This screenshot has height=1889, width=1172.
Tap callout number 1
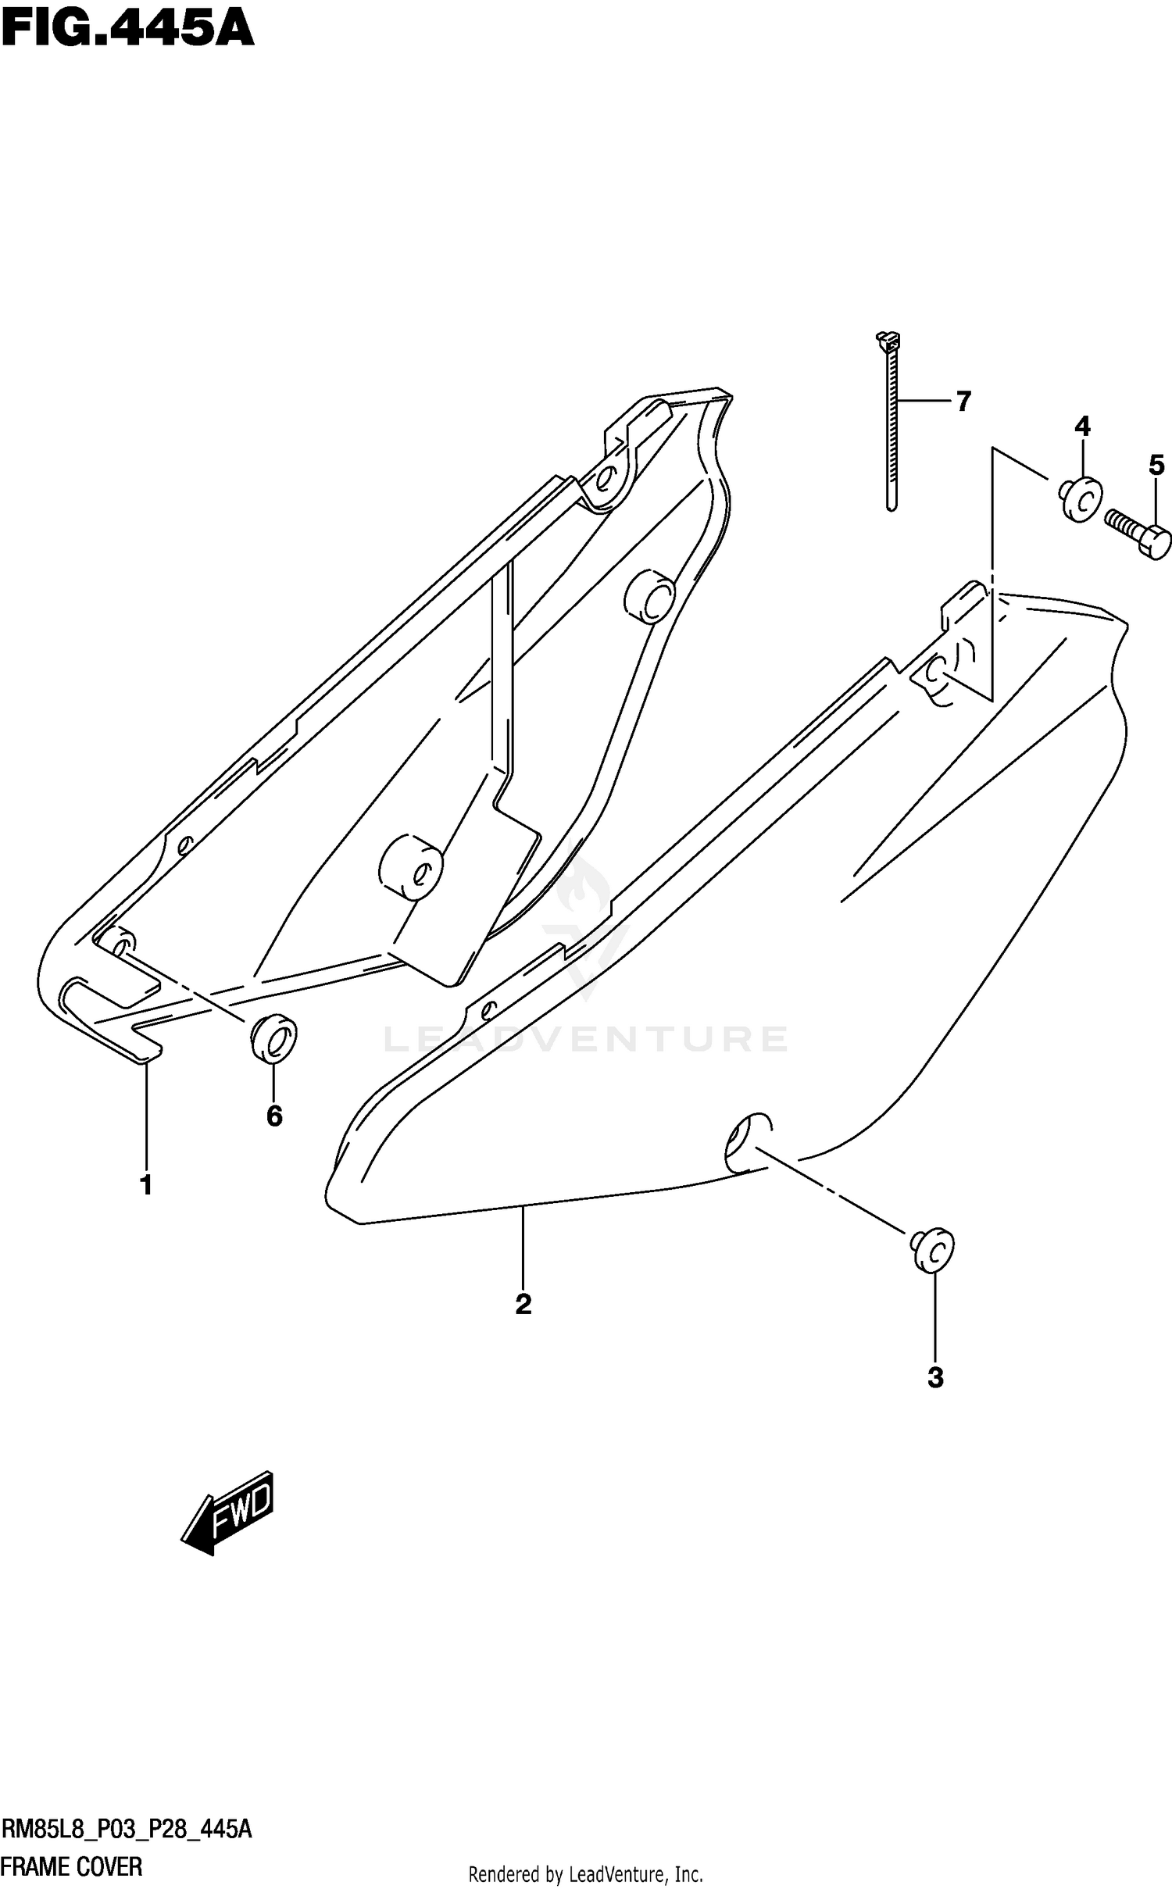[146, 1185]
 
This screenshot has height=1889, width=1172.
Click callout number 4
[1081, 427]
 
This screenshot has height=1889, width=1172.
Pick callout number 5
[1156, 466]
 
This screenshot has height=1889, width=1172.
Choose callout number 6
[274, 1116]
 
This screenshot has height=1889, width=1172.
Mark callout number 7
[963, 402]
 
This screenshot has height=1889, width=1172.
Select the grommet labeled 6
[273, 1040]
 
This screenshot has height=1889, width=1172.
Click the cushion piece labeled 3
[931, 1251]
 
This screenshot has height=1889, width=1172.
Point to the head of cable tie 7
[888, 341]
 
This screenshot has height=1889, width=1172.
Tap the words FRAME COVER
[73, 1868]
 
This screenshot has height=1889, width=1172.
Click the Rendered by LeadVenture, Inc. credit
[585, 1874]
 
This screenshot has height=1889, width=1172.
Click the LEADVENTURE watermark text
[586, 1039]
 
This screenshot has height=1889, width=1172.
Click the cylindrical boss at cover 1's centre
[411, 870]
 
